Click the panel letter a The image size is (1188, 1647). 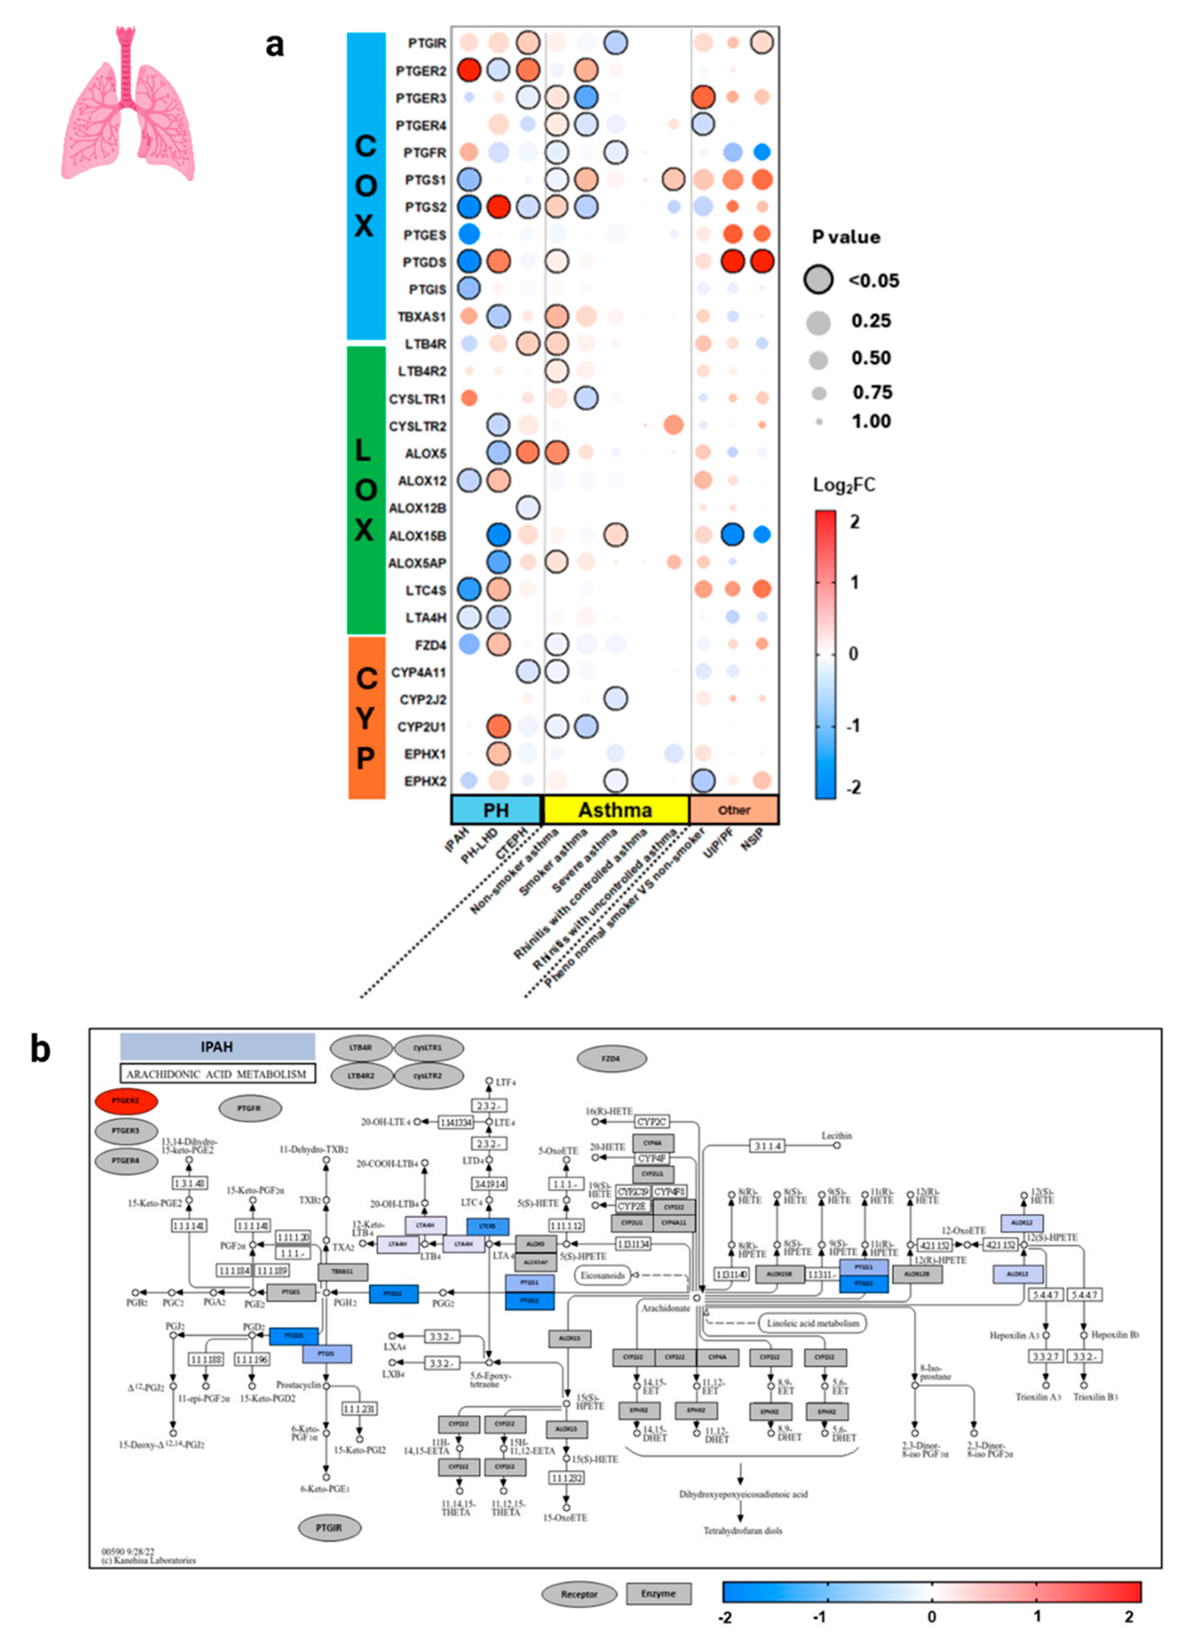[274, 45]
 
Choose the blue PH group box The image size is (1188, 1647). [496, 810]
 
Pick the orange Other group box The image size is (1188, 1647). [733, 810]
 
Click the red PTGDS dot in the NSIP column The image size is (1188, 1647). [762, 262]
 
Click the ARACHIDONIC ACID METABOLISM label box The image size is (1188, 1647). [217, 1074]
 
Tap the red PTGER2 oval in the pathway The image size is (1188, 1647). [125, 1101]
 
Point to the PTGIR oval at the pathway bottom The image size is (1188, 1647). [329, 1528]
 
